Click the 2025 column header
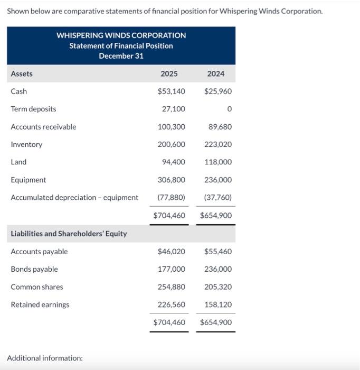coord(169,74)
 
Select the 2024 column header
coord(215,74)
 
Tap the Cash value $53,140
coord(172,91)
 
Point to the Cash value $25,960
coord(218,91)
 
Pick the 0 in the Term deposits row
coord(229,109)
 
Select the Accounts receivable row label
coord(43,127)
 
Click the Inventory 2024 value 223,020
coord(218,144)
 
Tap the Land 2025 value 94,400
coord(174,162)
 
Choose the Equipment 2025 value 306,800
coord(172,180)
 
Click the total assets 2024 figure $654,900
coord(216,216)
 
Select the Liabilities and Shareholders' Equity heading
coord(69,234)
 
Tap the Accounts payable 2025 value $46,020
coord(172,252)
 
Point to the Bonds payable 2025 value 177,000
coord(172,269)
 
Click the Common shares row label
coord(37,287)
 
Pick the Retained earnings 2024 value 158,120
coord(218,304)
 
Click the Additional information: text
coord(45,358)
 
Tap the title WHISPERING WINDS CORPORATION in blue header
coord(121,35)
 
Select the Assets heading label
coord(22,74)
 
